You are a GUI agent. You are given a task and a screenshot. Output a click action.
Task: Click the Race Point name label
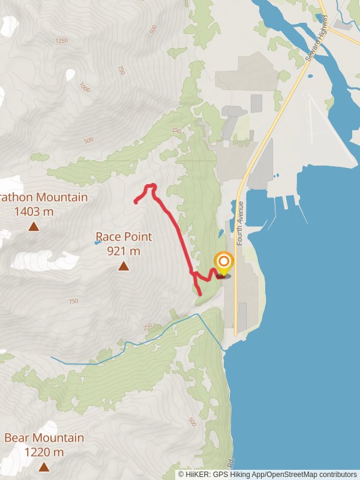pos(124,237)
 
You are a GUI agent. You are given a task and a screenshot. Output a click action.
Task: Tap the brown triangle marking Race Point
pos(124,265)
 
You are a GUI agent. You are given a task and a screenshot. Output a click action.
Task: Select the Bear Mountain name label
pos(44,437)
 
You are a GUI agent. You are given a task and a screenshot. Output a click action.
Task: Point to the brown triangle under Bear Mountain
pos(44,466)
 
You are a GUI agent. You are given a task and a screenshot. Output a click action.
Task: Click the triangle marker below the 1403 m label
pos(34,226)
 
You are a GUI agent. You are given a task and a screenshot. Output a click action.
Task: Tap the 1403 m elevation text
pos(34,211)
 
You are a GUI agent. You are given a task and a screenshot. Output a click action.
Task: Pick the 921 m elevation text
pos(124,251)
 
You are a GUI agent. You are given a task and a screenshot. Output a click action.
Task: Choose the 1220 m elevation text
pos(44,452)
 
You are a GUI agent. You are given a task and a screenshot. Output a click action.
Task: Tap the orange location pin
pos(224,262)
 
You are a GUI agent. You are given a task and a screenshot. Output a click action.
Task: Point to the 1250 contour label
pos(61,41)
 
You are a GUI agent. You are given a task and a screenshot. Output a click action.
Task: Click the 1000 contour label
pos(84,88)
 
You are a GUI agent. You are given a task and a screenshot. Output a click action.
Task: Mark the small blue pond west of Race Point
pos(97,243)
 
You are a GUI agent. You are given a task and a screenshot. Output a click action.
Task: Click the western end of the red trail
pos(136,203)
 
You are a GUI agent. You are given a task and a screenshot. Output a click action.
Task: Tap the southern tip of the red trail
pos(200,295)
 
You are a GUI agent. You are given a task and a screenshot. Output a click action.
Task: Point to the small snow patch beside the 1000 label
pos(70,75)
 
